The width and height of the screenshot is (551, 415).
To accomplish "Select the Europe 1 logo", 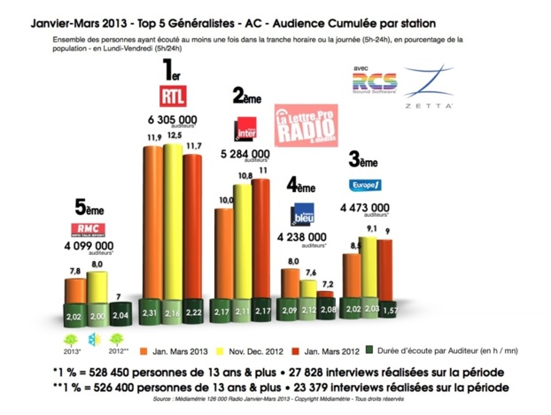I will [365, 185].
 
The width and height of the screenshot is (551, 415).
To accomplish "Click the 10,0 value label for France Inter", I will [225, 201].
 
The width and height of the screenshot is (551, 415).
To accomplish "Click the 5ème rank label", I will [89, 209].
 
